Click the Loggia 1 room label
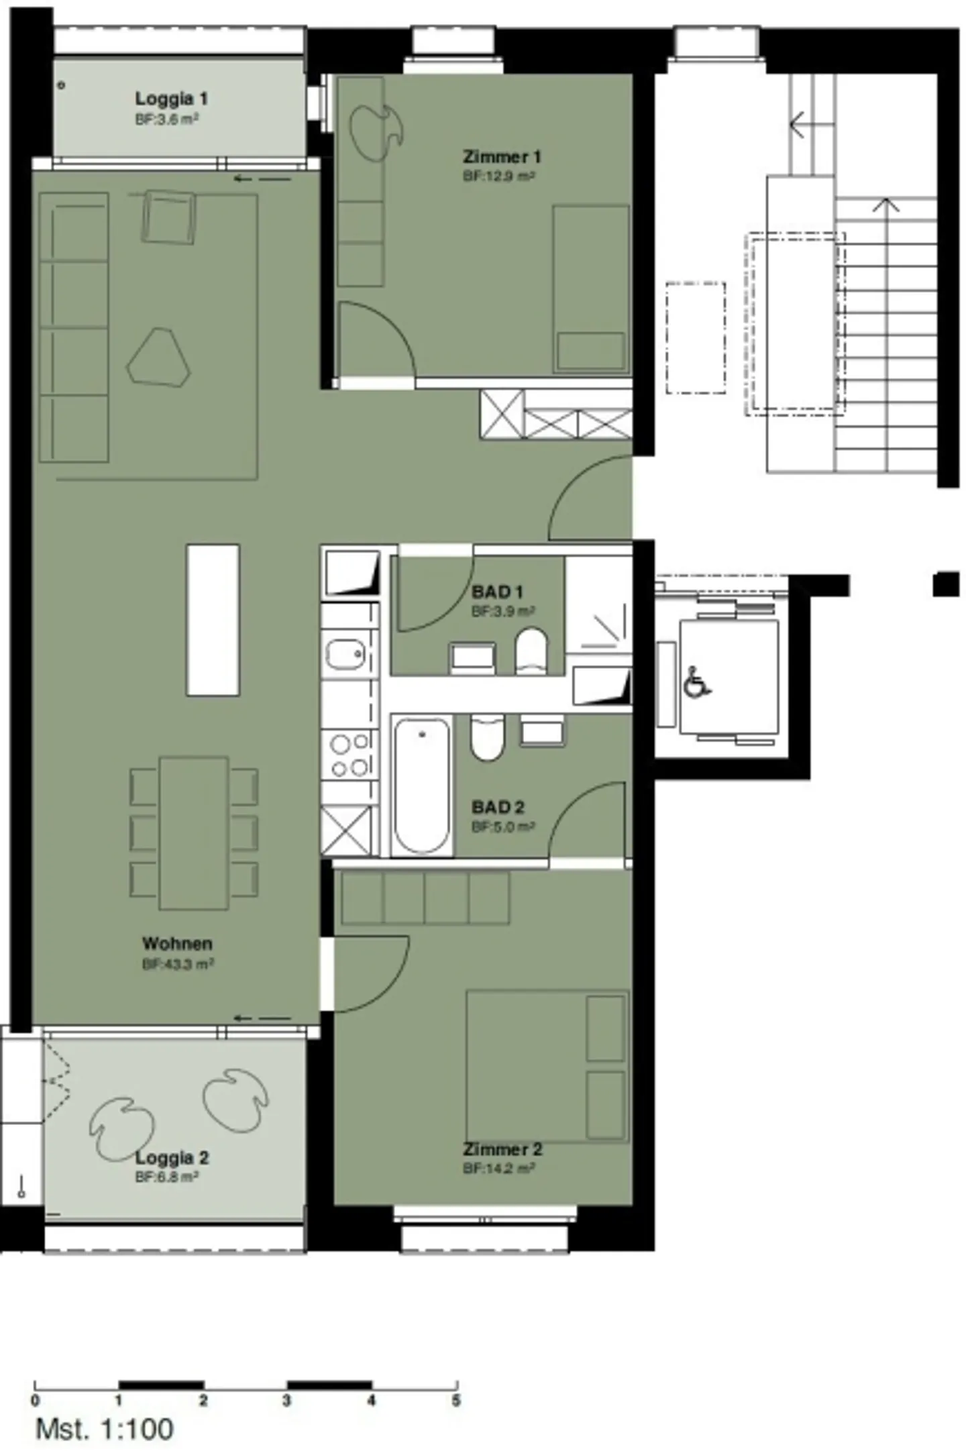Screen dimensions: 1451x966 click(x=171, y=99)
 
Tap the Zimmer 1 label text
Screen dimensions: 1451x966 click(x=501, y=157)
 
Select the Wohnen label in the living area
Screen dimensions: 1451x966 click(x=177, y=943)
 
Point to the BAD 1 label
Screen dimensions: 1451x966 click(x=497, y=592)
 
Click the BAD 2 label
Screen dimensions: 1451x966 click(x=498, y=807)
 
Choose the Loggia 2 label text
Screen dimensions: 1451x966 click(x=172, y=1157)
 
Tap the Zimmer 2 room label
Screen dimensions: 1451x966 click(x=502, y=1149)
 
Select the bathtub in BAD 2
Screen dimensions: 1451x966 click(x=421, y=786)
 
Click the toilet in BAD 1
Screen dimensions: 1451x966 click(x=531, y=651)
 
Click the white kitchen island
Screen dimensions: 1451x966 click(x=213, y=620)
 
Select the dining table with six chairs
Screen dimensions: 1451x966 click(x=194, y=833)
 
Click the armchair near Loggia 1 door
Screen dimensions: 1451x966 click(x=168, y=216)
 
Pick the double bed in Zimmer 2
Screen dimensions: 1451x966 click(x=547, y=1066)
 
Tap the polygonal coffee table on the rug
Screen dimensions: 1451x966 click(x=159, y=358)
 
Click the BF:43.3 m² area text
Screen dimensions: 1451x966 click(x=178, y=964)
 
